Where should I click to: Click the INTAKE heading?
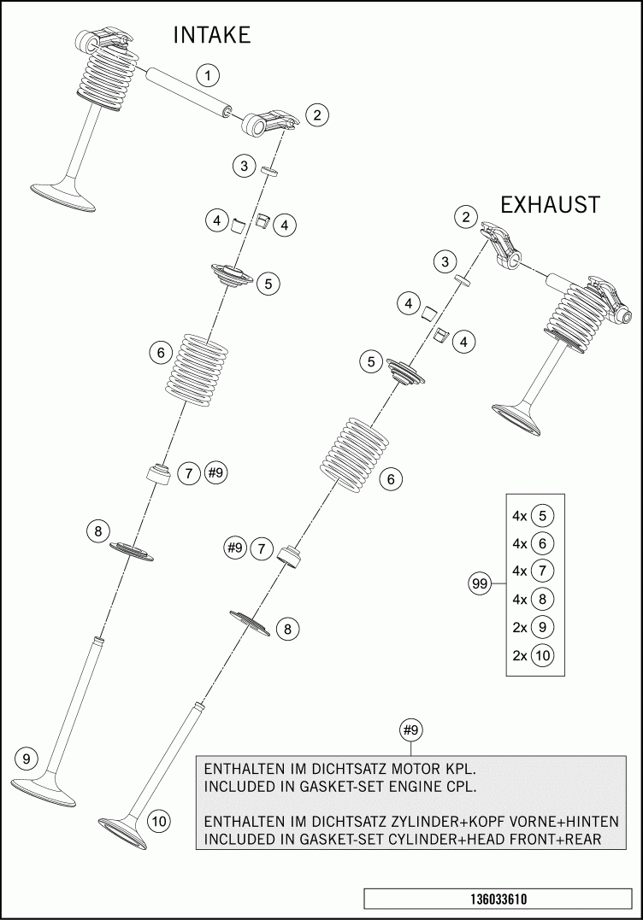pyautogui.click(x=212, y=35)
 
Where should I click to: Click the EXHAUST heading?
pyautogui.click(x=550, y=205)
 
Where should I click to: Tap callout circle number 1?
pyautogui.click(x=207, y=74)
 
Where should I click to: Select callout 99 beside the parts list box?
pyautogui.click(x=479, y=584)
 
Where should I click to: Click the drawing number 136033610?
pyautogui.click(x=498, y=899)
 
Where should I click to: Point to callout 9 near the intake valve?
pyautogui.click(x=27, y=758)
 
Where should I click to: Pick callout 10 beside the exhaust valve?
pyautogui.click(x=159, y=821)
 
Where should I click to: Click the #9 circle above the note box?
pyautogui.click(x=411, y=730)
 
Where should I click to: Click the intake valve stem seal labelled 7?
pyautogui.click(x=160, y=472)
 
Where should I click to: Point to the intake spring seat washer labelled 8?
pyautogui.click(x=131, y=552)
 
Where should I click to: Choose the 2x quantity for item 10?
pyautogui.click(x=519, y=656)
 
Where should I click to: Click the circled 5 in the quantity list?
pyautogui.click(x=541, y=516)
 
